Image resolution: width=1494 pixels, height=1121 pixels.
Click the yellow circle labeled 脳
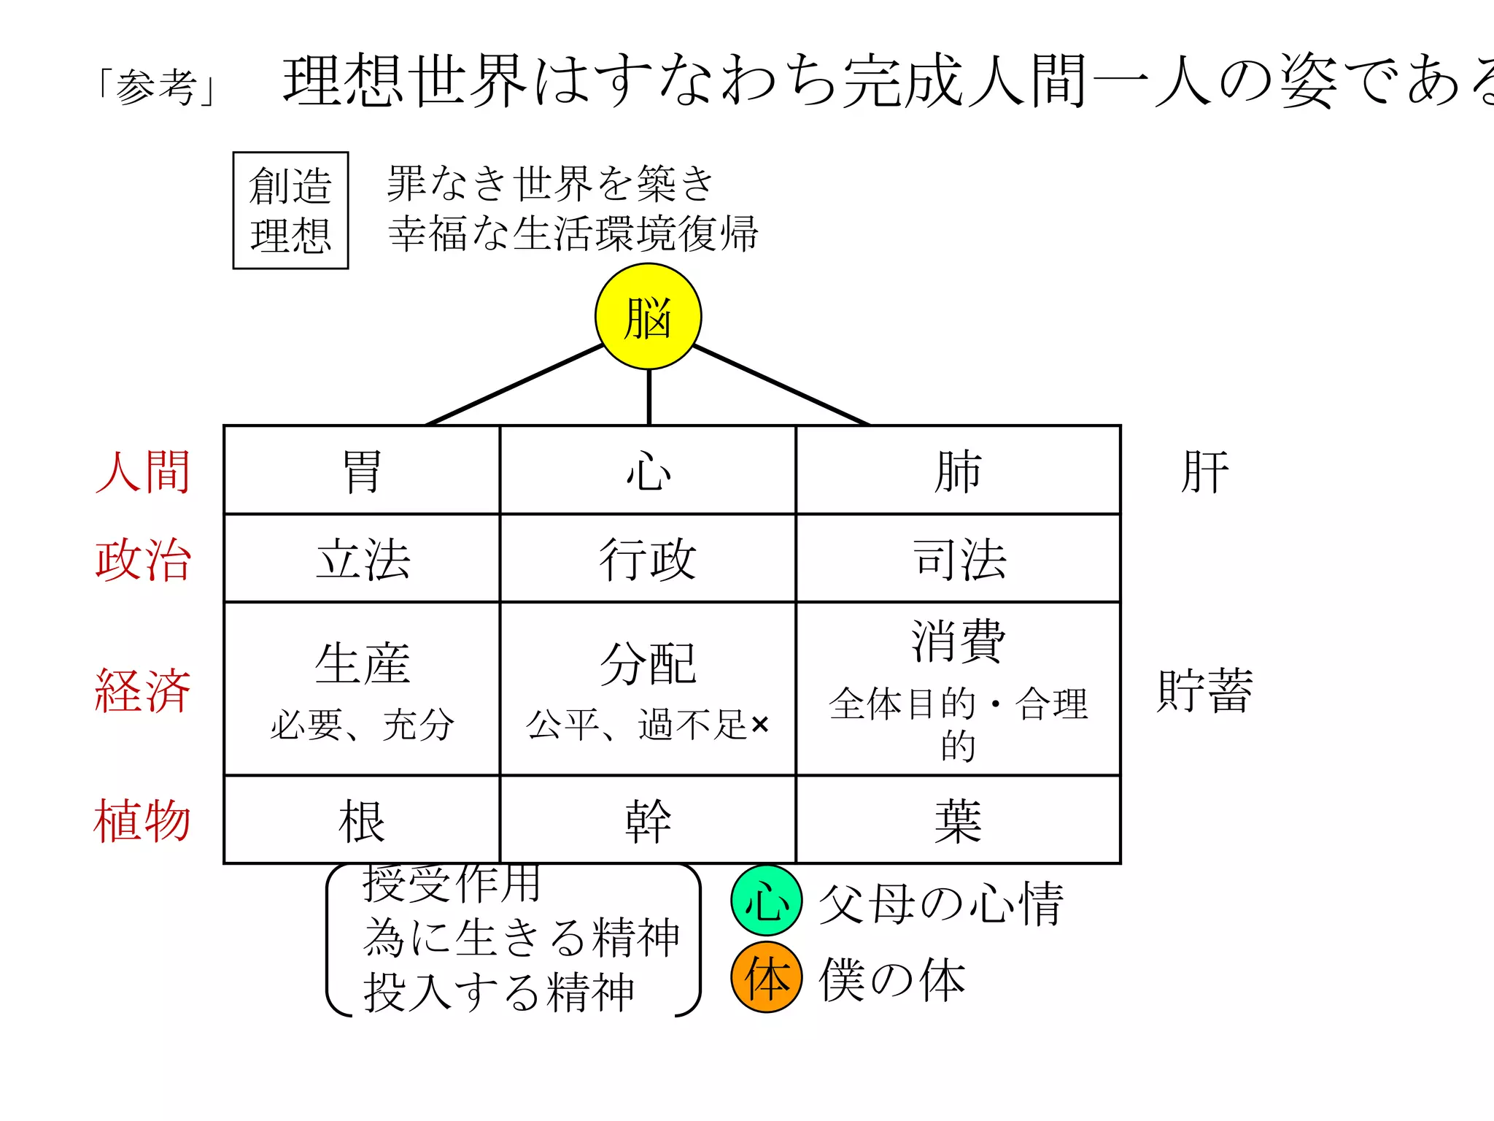click(x=648, y=317)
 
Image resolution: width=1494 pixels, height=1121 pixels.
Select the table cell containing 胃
click(x=362, y=471)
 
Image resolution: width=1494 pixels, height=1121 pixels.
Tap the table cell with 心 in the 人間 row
click(x=648, y=471)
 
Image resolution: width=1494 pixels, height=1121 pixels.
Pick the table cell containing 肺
click(x=958, y=471)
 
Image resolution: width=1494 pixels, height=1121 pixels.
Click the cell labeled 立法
click(x=362, y=559)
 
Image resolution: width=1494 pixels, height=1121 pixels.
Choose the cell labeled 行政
click(x=648, y=559)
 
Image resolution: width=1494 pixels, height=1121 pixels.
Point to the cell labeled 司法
click(x=958, y=559)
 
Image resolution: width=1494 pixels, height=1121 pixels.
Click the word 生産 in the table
click(x=362, y=663)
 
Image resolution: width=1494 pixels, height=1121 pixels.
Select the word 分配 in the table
click(x=648, y=663)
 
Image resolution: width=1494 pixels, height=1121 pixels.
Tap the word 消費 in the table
click(x=958, y=640)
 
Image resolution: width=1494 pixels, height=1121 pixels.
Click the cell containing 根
click(x=362, y=821)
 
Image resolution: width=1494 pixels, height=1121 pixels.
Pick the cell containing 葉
click(x=958, y=821)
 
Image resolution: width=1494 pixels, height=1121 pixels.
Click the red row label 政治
click(x=143, y=560)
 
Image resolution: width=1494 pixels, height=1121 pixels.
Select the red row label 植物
click(x=142, y=821)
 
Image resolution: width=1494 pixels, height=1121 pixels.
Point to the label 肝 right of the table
click(x=1204, y=472)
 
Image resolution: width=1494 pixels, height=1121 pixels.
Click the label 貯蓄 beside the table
click(x=1204, y=690)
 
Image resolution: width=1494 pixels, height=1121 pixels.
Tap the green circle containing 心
click(x=766, y=901)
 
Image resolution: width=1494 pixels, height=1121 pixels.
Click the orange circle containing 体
click(x=766, y=978)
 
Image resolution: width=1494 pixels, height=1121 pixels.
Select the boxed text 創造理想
click(x=290, y=210)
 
